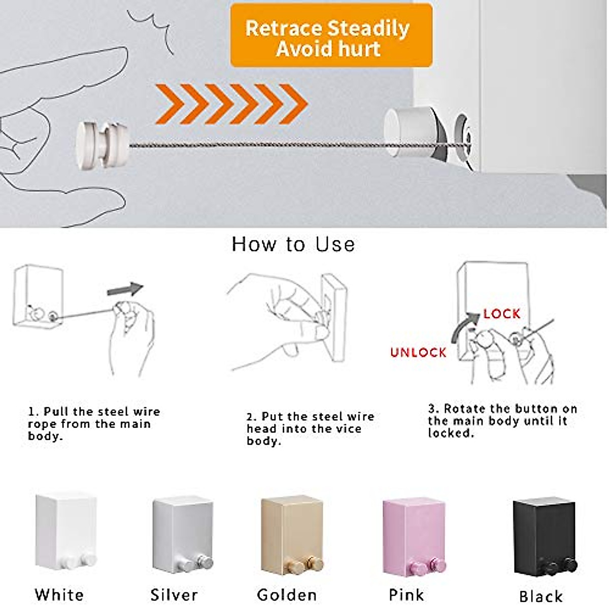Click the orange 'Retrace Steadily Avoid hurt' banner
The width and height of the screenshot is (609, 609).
(331, 36)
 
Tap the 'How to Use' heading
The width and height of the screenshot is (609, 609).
(293, 245)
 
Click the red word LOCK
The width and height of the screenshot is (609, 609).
(501, 314)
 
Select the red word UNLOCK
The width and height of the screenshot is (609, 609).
(418, 352)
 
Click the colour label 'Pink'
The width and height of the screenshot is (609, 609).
(406, 595)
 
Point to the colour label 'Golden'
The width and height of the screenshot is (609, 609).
(287, 595)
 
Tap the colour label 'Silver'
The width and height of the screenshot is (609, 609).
(174, 595)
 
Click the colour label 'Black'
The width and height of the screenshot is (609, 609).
(541, 596)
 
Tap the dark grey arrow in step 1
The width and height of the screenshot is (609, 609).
(125, 289)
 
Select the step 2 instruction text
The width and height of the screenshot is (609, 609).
(310, 429)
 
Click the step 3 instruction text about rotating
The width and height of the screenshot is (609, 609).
(502, 421)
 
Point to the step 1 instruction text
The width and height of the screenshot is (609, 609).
(94, 424)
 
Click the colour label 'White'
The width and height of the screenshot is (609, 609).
(59, 595)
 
